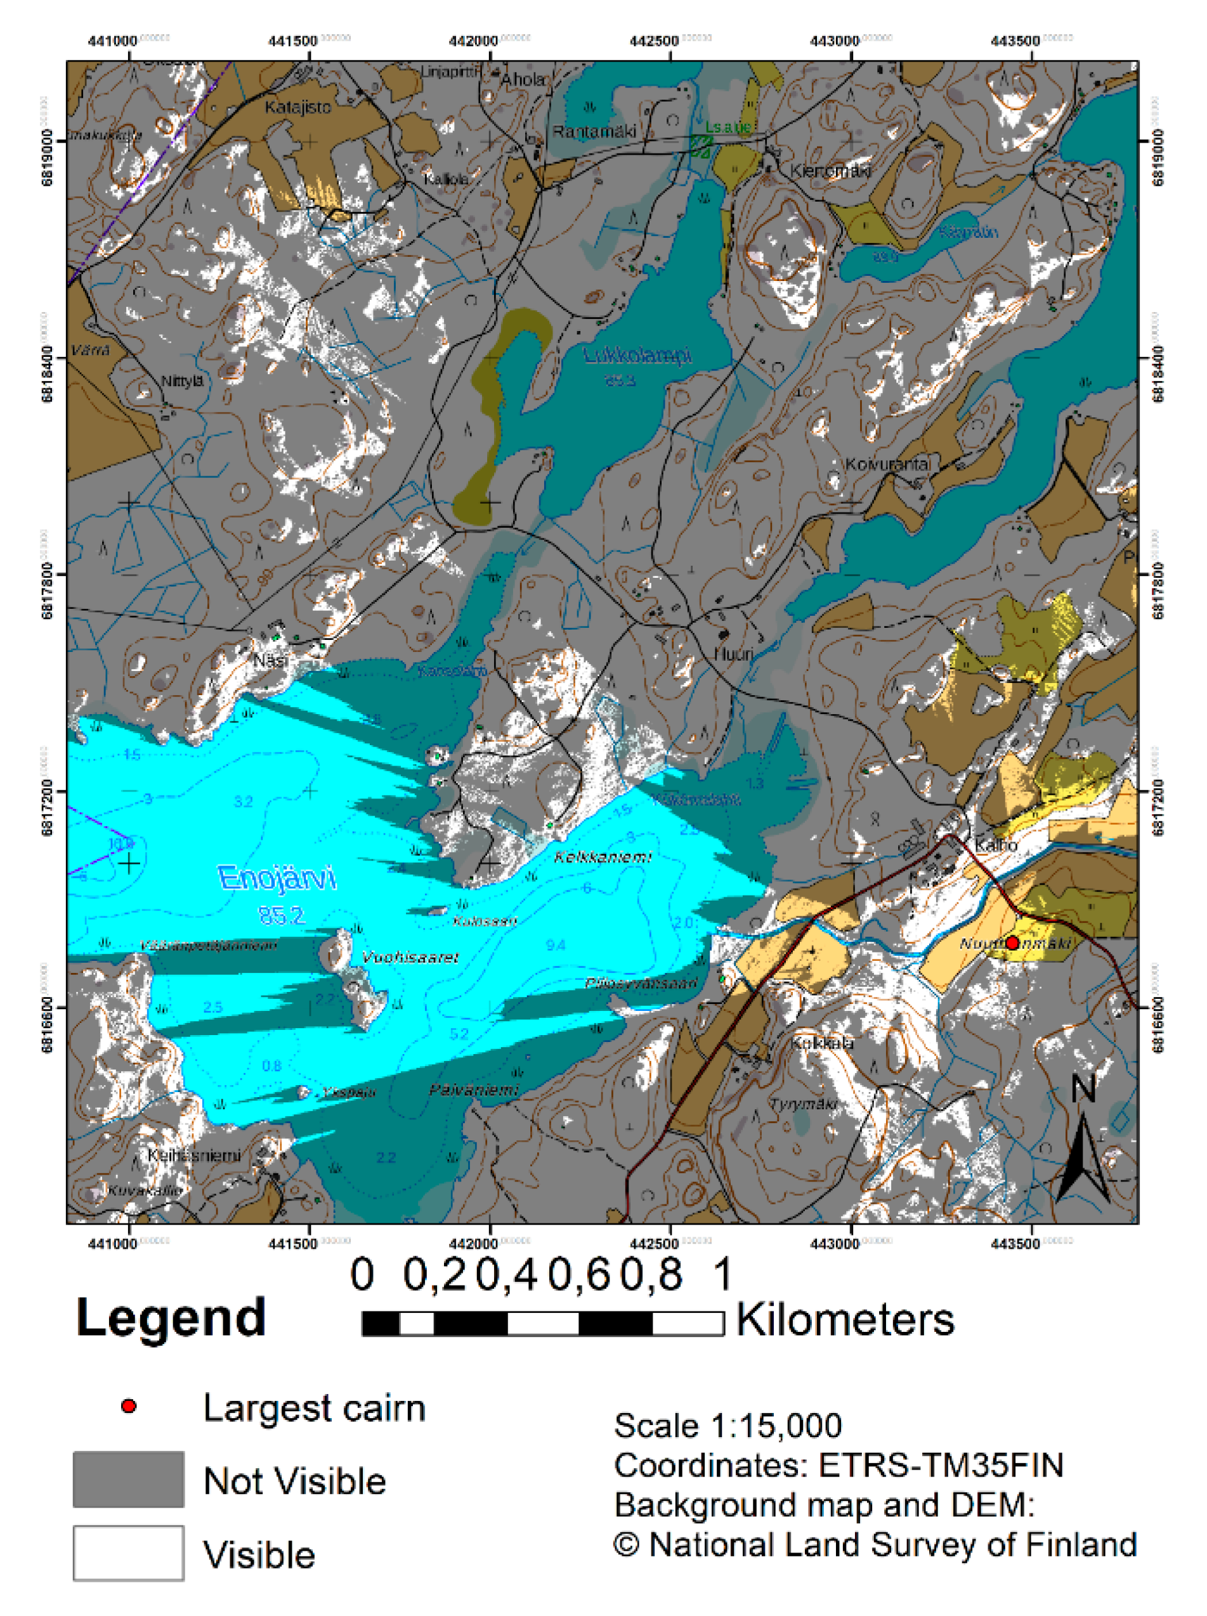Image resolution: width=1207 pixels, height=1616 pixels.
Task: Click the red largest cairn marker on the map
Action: [x=1011, y=942]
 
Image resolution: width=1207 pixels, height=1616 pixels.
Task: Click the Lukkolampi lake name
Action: [x=637, y=356]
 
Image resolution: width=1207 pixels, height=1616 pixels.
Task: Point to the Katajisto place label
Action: [x=297, y=107]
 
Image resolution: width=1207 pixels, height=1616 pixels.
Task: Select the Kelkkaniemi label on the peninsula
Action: [x=602, y=857]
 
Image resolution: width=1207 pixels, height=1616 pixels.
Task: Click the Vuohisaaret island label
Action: [x=410, y=957]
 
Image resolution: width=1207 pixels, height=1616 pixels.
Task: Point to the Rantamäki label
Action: [x=593, y=131]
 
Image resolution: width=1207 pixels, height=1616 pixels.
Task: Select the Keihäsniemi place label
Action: [x=193, y=1155]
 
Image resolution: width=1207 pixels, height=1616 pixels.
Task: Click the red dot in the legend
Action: [x=129, y=1406]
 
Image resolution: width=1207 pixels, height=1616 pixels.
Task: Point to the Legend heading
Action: [x=171, y=1317]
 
